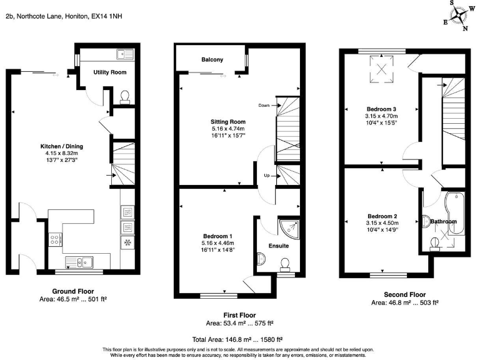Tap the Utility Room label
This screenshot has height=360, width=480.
click(110, 72)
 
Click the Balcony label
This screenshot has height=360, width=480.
click(212, 60)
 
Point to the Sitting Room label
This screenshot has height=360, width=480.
click(228, 122)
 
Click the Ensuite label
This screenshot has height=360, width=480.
click(278, 246)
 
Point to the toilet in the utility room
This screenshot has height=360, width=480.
click(124, 96)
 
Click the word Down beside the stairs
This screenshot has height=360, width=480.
click(264, 106)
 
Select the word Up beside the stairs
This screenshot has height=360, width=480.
click(267, 175)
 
